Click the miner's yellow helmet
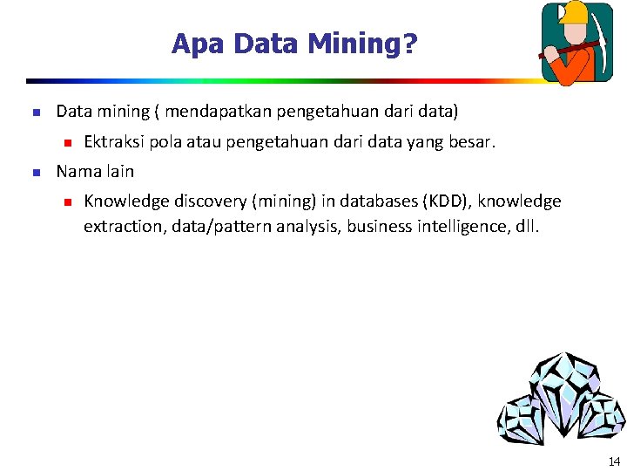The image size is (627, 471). coord(575,12)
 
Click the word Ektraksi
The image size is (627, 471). coord(114,142)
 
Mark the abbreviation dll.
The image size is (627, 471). coord(528,227)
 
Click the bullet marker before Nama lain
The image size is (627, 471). coord(35,172)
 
